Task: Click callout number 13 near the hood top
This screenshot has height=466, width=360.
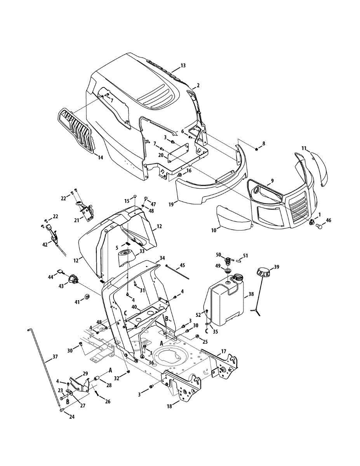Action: pos(183,66)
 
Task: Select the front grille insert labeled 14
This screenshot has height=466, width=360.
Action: pos(77,130)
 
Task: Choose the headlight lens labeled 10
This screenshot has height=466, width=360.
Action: pos(232,219)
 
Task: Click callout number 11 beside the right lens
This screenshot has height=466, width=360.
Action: pos(304,148)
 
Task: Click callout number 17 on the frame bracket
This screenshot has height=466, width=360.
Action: pos(223,352)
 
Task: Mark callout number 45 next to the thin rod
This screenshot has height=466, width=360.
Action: pos(182,266)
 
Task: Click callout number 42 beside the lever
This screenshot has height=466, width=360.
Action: pos(45,244)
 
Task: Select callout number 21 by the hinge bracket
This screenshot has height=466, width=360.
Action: pos(77,221)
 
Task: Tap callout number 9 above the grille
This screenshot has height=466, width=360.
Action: pos(272,181)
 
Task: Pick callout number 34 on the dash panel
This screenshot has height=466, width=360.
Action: pos(162,258)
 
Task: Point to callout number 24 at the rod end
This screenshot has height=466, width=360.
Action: pos(71,417)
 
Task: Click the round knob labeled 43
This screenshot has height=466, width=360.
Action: pos(72,279)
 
